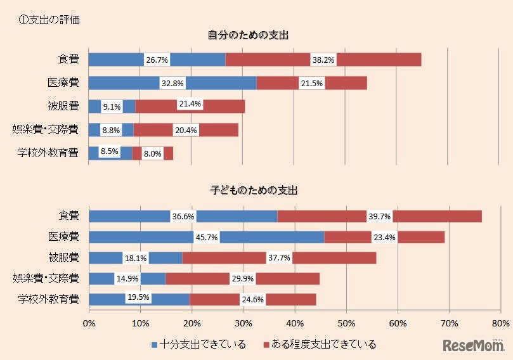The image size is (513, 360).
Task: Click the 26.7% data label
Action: (157, 60)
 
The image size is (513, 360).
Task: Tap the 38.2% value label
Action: (323, 60)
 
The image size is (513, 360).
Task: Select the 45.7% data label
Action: (206, 238)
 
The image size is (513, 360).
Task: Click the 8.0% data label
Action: (152, 153)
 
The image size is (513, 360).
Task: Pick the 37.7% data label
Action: (279, 258)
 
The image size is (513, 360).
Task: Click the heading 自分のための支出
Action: (249, 34)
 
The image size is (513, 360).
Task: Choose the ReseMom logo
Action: (472, 345)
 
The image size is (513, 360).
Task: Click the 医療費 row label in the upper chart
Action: (63, 83)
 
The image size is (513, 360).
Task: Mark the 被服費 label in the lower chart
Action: (63, 258)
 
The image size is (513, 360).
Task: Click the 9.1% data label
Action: (112, 107)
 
